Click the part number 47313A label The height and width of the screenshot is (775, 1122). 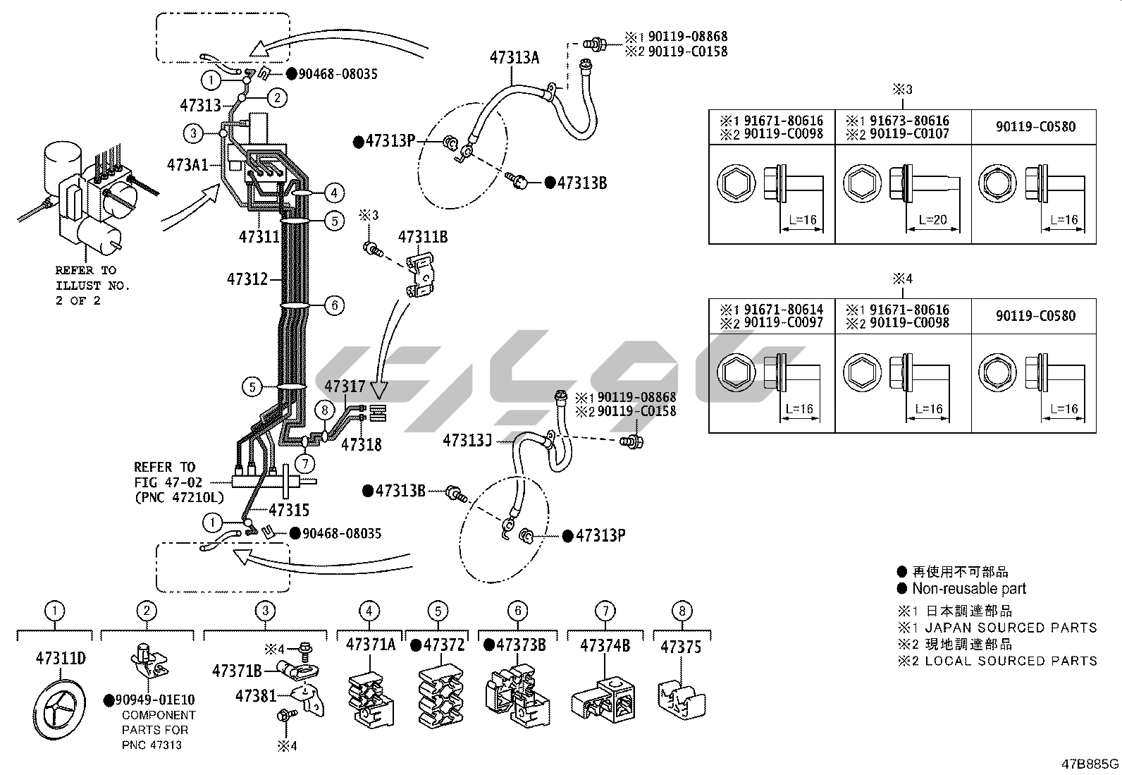[514, 58]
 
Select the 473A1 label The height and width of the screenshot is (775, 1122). [187, 165]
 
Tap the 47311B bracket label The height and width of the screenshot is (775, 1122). [423, 237]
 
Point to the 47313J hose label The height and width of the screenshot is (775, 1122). [467, 441]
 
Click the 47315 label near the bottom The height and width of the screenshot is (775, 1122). [288, 510]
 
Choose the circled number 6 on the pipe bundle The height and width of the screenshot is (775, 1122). [334, 305]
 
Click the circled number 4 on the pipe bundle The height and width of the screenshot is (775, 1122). [334, 193]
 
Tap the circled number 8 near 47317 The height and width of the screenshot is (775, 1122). [324, 410]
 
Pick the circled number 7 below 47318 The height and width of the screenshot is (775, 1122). [304, 463]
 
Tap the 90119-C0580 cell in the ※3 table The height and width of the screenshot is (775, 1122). [1035, 127]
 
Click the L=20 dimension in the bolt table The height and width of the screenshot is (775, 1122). [934, 220]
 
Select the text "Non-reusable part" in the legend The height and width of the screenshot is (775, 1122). [969, 588]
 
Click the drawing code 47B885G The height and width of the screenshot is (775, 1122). [1090, 764]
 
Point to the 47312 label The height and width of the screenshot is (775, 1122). [247, 279]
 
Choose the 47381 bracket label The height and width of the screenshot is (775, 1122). [256, 696]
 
